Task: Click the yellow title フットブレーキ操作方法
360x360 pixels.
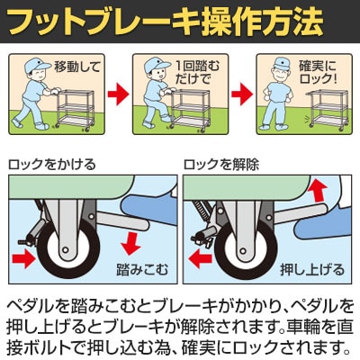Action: pos(166,22)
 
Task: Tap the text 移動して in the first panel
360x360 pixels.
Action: pos(77,67)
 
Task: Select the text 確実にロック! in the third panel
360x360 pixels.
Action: pos(318,72)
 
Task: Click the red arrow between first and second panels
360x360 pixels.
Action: pos(118,94)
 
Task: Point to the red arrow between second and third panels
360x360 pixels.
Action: pos(242,94)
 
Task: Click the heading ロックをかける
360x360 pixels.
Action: pos(52,165)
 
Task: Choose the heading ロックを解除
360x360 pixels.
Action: pos(221,165)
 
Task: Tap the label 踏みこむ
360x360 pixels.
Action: pos(142,269)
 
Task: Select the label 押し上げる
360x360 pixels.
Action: pos(312,269)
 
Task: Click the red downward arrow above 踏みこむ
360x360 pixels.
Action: pos(131,244)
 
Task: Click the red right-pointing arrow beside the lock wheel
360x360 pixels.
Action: pos(22,258)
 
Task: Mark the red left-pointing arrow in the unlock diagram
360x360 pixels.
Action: pos(201,258)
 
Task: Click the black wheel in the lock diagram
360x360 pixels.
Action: pos(68,248)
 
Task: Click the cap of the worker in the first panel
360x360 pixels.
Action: pos(37,65)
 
